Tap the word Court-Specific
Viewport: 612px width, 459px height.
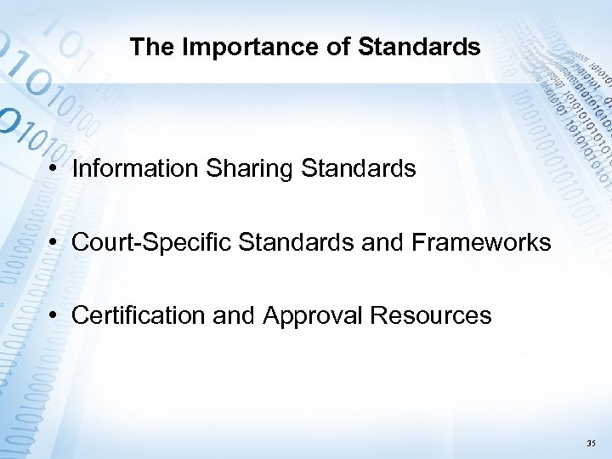point(153,243)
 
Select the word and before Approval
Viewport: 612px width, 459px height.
point(232,316)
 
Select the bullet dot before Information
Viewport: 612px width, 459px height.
point(54,169)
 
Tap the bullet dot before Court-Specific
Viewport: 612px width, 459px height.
point(54,243)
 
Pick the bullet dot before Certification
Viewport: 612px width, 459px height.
point(54,316)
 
